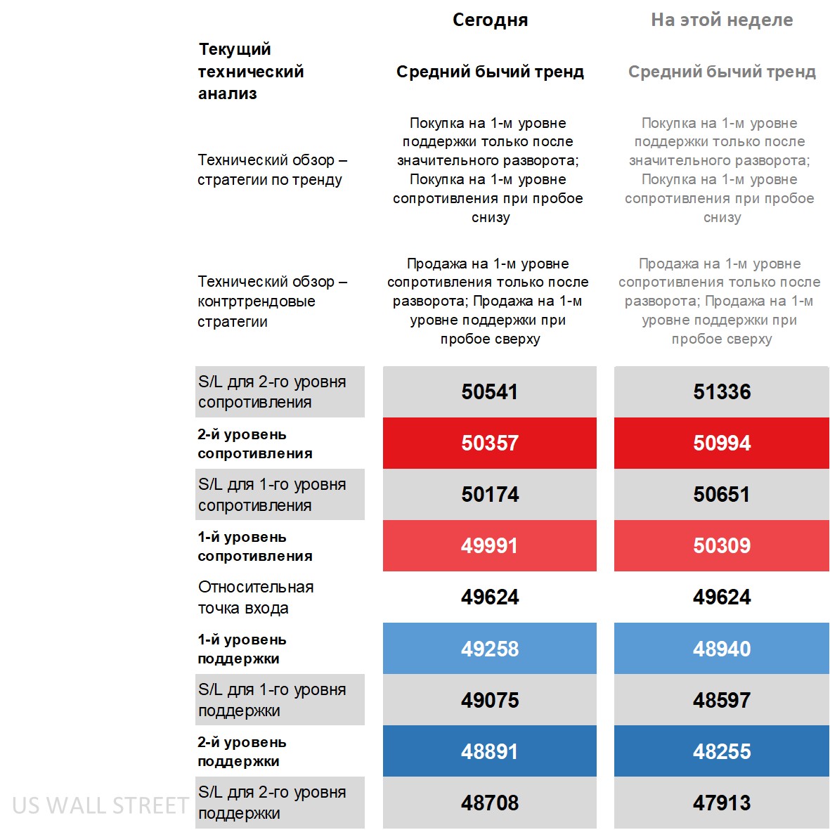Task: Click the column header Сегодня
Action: tap(490, 20)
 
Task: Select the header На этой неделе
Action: tap(722, 20)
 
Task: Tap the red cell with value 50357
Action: tap(490, 443)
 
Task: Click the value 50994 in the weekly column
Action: tap(722, 443)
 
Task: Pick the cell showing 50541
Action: tap(490, 391)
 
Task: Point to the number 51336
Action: tap(722, 391)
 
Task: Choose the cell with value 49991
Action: tap(490, 545)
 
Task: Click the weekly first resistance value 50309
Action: tap(722, 545)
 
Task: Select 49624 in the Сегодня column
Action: tap(490, 597)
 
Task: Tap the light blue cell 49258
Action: tap(490, 649)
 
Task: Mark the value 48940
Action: tap(722, 649)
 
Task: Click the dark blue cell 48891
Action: tap(490, 751)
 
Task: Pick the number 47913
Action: tap(722, 803)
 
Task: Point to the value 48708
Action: tap(490, 803)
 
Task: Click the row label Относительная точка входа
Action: tap(256, 597)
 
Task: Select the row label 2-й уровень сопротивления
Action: tap(255, 443)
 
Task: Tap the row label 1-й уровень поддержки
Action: tap(242, 649)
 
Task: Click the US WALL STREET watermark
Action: tap(100, 805)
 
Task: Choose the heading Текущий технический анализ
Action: tap(251, 71)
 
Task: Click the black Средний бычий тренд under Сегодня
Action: tap(490, 72)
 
